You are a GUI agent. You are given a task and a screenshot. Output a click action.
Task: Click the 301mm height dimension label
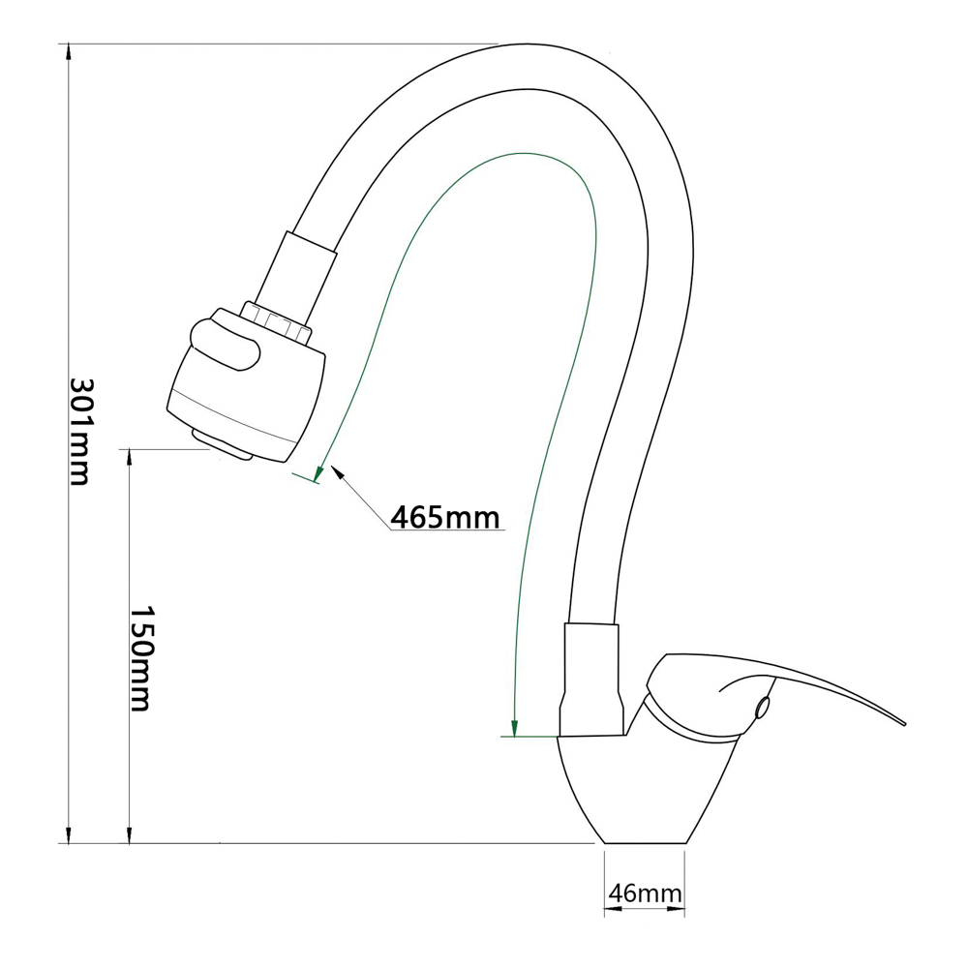pyautogui.click(x=79, y=431)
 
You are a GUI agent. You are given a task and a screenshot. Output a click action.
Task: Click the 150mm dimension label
pyautogui.click(x=140, y=658)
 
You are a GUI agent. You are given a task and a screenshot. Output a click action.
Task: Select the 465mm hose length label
pyautogui.click(x=445, y=517)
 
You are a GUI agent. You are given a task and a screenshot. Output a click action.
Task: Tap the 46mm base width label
pyautogui.click(x=645, y=892)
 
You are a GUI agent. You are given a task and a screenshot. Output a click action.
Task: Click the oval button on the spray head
pyautogui.click(x=226, y=347)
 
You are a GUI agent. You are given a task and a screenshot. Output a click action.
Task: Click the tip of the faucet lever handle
pyautogui.click(x=904, y=723)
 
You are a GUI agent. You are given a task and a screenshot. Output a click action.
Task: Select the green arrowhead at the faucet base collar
pyautogui.click(x=514, y=729)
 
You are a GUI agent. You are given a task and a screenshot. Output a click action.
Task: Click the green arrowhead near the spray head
pyautogui.click(x=318, y=473)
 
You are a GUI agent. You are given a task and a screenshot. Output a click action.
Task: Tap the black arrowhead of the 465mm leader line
pyautogui.click(x=337, y=471)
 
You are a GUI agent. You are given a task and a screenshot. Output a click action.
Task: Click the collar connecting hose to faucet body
pyautogui.click(x=590, y=680)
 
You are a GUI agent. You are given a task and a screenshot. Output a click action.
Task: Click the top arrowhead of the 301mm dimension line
pyautogui.click(x=69, y=52)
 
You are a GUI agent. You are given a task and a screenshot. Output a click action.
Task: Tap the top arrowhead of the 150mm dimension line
pyautogui.click(x=129, y=458)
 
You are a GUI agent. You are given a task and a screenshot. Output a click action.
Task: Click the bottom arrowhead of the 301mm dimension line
pyautogui.click(x=69, y=835)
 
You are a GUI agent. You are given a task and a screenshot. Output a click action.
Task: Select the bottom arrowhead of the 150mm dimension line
pyautogui.click(x=129, y=835)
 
